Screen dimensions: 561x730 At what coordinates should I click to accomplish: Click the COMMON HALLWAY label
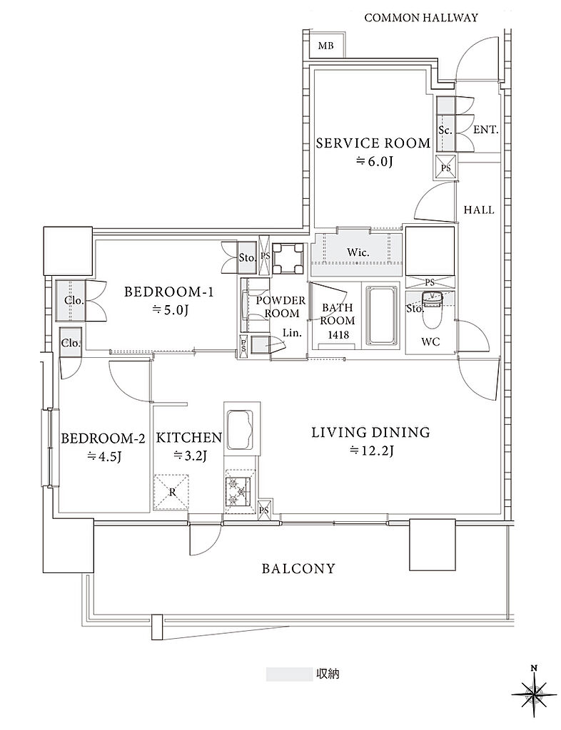coord(421,18)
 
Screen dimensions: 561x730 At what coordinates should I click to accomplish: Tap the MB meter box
coord(325,46)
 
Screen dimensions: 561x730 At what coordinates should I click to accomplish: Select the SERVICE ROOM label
coord(373,143)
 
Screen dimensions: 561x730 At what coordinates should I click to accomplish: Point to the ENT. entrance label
coord(486,130)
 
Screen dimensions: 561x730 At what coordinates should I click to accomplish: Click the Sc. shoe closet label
coord(445,131)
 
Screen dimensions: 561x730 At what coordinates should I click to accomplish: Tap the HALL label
coord(479,210)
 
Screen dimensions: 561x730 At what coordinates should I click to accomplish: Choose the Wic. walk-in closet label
coord(358,253)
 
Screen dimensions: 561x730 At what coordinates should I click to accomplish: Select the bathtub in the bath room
coord(382,315)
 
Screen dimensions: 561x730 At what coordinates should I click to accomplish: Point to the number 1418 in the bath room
coord(338,334)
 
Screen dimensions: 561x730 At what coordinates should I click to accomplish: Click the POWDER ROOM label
coord(280,307)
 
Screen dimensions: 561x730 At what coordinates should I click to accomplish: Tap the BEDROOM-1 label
coord(168,292)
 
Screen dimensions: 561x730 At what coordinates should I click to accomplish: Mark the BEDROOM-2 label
coord(103,438)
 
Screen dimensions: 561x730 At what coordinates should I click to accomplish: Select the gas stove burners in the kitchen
coord(238,491)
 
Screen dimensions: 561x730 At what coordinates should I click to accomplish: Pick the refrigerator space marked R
coord(172,493)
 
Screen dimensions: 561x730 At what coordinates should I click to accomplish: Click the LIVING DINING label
coord(371,433)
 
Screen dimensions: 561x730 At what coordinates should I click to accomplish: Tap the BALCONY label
coord(298,568)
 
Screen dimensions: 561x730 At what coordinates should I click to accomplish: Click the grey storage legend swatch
coord(289,674)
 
